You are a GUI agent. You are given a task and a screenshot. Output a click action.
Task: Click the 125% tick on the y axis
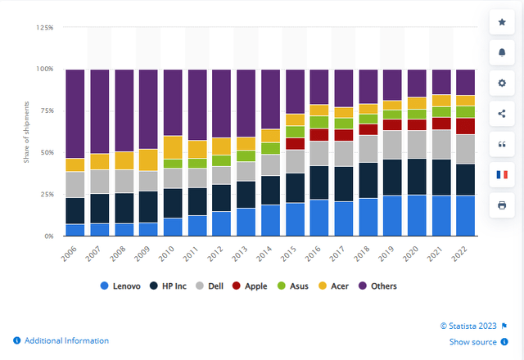point(44,28)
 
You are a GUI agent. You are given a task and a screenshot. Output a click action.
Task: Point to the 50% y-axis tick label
point(46,153)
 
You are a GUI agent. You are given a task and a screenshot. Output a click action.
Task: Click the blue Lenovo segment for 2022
point(466,216)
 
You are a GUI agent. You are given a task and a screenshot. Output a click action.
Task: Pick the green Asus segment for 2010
point(173,163)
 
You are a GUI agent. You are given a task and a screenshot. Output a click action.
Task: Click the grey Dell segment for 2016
point(319,153)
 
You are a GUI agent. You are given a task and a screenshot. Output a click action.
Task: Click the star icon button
point(502,22)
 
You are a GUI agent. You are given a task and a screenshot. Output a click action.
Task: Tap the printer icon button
point(502,205)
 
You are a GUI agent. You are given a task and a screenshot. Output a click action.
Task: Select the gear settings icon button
point(502,83)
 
